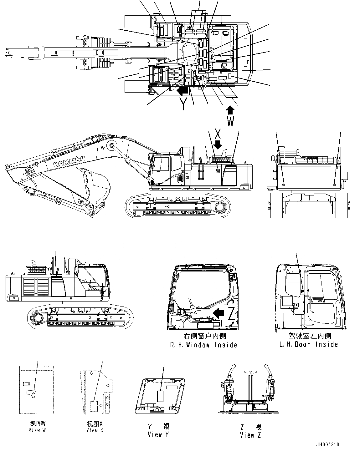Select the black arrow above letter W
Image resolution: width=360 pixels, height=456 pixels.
[x=230, y=110]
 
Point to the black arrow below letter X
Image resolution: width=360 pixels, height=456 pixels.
[x=218, y=144]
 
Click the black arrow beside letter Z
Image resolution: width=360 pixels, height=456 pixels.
[x=219, y=312]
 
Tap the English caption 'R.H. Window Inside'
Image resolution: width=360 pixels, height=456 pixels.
[x=203, y=345]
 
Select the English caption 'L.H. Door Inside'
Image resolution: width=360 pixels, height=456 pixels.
[x=309, y=344]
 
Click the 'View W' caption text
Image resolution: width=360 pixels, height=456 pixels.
[x=37, y=430]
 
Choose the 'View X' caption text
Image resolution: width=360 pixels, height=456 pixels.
[x=95, y=430]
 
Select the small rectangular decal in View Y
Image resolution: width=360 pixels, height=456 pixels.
[x=161, y=396]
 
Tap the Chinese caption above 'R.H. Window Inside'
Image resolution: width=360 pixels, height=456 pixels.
[x=204, y=336]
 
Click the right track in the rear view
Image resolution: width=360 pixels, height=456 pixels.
[x=342, y=205]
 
